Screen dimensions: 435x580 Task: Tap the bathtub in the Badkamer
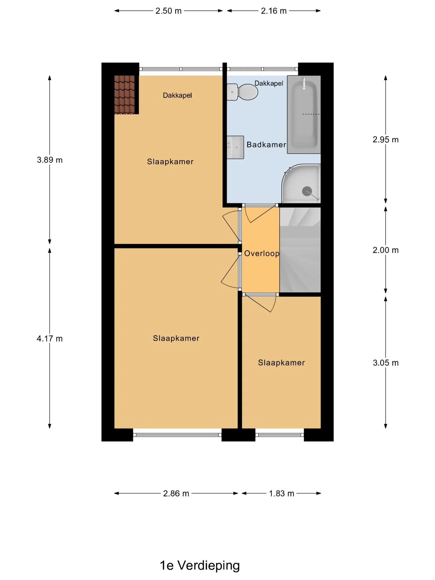[304, 114]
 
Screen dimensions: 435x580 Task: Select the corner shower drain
[307, 191]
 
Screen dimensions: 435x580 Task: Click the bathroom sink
[235, 147]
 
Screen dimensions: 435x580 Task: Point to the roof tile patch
[124, 95]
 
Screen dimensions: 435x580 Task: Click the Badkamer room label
[266, 145]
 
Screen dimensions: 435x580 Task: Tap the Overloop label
[262, 253]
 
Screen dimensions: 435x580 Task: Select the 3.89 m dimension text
[50, 160]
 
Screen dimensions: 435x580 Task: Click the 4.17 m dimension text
[50, 339]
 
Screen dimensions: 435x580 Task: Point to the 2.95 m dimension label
[385, 140]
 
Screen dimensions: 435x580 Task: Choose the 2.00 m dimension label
[385, 250]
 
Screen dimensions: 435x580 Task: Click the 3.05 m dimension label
[386, 363]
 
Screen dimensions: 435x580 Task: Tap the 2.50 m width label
[169, 11]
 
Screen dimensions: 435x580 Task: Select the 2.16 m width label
[274, 11]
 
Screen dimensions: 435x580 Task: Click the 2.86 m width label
[176, 494]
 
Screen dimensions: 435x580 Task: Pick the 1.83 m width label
[282, 494]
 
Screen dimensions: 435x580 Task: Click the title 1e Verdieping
[200, 565]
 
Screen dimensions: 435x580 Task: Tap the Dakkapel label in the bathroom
[269, 83]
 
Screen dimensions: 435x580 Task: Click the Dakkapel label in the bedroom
[177, 95]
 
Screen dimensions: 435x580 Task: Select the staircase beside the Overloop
[300, 250]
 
